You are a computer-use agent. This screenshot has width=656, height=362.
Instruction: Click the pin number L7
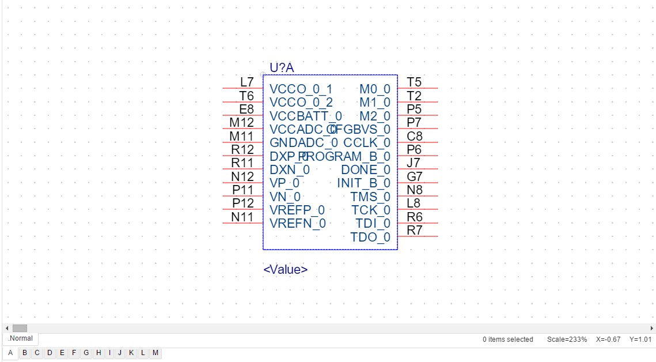[x=247, y=82]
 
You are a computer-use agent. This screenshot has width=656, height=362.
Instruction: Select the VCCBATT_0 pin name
[x=305, y=116]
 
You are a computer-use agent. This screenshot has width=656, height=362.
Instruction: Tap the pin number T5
[x=414, y=82]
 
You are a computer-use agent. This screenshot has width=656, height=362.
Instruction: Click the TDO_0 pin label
[x=370, y=237]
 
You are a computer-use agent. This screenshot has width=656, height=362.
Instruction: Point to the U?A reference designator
[x=282, y=68]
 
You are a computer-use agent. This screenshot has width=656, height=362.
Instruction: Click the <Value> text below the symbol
[x=286, y=269]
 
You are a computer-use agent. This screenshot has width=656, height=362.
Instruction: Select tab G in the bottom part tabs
[x=86, y=353]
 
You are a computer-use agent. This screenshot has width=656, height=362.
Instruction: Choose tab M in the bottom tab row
[x=156, y=353]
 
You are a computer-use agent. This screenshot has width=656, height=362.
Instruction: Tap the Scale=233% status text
[x=567, y=340]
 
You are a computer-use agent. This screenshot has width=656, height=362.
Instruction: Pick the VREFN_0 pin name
[x=298, y=223]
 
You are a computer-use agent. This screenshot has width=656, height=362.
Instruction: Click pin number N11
[x=242, y=217]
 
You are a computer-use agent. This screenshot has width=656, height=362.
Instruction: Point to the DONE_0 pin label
[x=366, y=170]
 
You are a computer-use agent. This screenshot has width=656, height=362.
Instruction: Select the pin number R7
[x=415, y=230]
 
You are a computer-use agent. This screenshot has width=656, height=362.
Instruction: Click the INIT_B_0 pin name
[x=363, y=183]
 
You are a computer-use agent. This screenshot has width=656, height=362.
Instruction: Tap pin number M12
[x=242, y=123]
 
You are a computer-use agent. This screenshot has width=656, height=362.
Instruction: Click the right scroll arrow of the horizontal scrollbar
[x=651, y=328]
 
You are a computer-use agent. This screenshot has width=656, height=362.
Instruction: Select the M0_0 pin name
[x=375, y=89]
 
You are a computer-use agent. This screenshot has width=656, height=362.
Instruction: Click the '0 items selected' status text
[x=507, y=340]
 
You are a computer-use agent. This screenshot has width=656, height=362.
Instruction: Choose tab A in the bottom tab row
[x=10, y=353]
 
